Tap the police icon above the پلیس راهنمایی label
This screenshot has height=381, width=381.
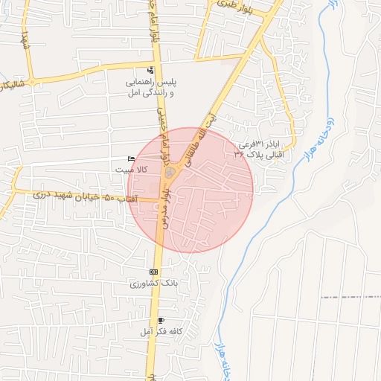click(152, 71)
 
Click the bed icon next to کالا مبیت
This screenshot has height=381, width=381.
click(132, 159)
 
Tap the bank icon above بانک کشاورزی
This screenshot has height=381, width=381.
click(153, 272)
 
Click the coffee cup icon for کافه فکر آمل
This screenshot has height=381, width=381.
click(161, 319)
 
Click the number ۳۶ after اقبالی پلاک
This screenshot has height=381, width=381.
click(239, 154)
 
